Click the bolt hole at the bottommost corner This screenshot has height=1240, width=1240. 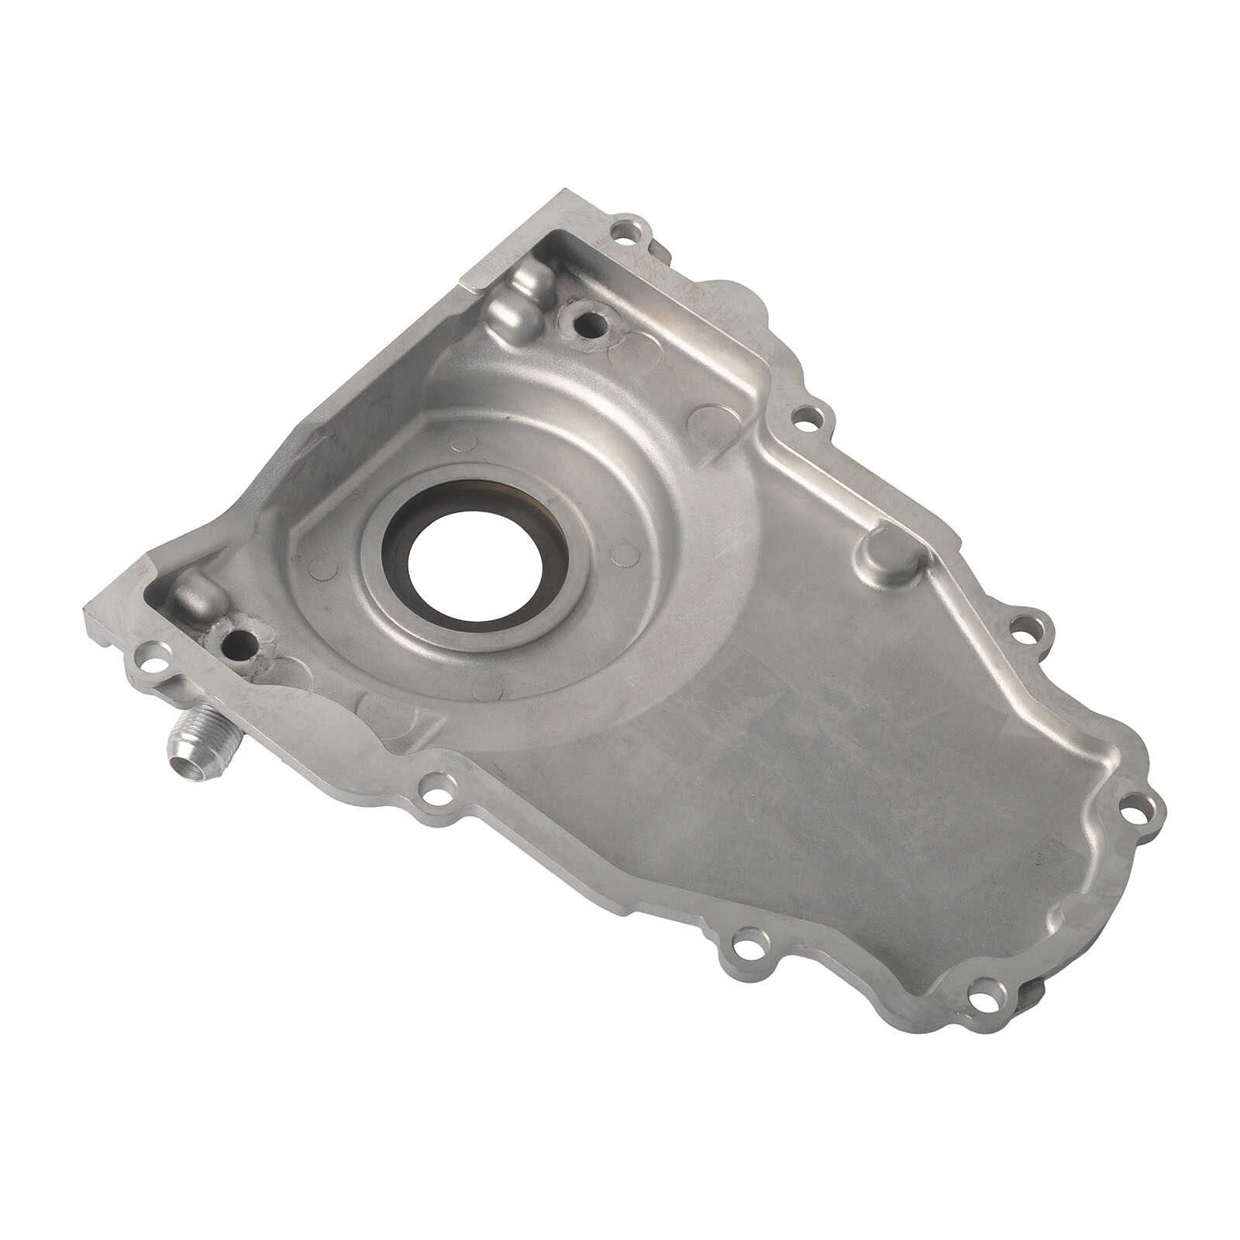click(982, 989)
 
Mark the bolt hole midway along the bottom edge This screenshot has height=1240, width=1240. click(744, 946)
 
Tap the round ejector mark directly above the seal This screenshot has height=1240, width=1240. click(463, 440)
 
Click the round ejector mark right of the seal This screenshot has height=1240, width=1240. click(620, 553)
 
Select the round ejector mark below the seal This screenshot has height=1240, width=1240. click(491, 688)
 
